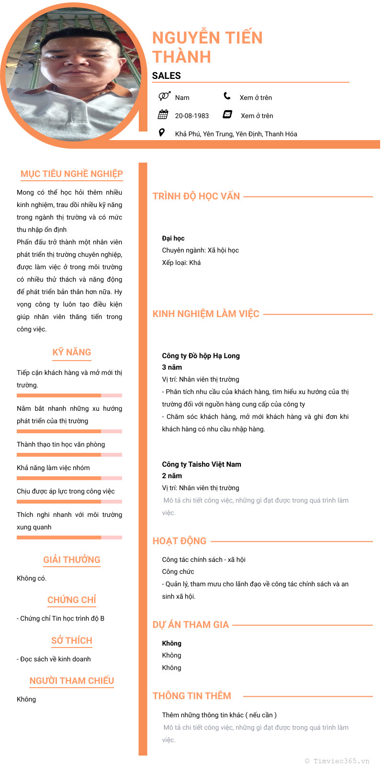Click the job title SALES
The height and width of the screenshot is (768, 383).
click(x=166, y=76)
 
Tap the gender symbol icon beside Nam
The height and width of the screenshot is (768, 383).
click(x=164, y=96)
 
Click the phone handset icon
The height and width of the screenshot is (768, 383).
click(x=227, y=96)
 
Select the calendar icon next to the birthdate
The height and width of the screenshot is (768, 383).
click(x=163, y=114)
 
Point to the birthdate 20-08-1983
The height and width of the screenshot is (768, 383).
click(x=191, y=116)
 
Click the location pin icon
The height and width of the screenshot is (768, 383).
click(x=162, y=132)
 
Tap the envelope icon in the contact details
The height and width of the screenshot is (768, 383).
click(x=227, y=114)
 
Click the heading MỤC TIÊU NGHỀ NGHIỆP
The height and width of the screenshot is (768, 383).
click(x=72, y=174)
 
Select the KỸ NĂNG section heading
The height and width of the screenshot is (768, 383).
click(x=72, y=352)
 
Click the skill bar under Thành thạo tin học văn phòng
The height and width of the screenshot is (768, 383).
click(x=69, y=455)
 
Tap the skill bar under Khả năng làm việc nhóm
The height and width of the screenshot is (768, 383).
click(x=69, y=478)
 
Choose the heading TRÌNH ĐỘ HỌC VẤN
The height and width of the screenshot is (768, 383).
click(x=196, y=196)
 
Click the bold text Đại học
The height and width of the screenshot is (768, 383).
click(x=173, y=238)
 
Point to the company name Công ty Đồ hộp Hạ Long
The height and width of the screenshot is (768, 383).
click(x=201, y=356)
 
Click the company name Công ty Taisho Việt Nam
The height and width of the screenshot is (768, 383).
click(x=202, y=464)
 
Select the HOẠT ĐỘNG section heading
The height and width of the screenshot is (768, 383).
click(x=180, y=541)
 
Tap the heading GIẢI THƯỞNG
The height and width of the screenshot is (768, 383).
click(x=72, y=560)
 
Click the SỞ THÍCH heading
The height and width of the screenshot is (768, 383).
click(x=72, y=640)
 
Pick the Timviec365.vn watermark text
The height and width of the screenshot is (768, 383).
click(x=338, y=761)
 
